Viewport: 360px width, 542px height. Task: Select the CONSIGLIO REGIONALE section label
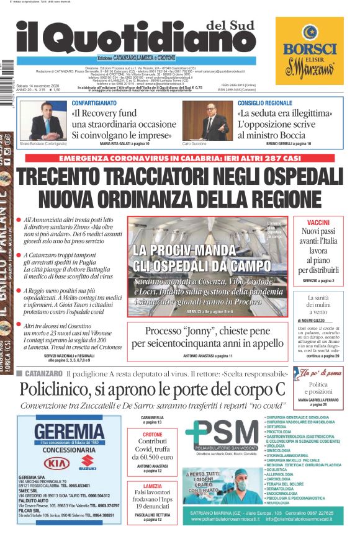(264, 103)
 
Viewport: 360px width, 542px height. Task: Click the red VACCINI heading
(326, 222)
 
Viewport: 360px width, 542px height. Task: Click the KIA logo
(55, 462)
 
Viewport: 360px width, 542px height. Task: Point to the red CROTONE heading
(152, 435)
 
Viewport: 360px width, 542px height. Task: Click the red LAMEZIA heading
(152, 486)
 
